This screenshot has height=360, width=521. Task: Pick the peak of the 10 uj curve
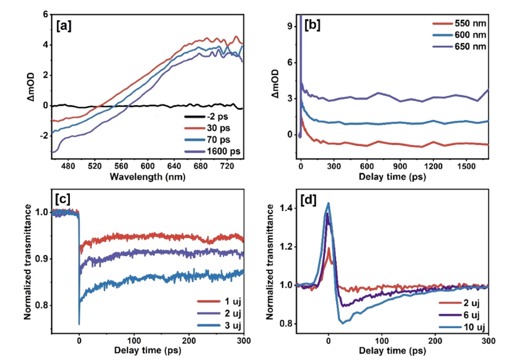(x=328, y=203)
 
